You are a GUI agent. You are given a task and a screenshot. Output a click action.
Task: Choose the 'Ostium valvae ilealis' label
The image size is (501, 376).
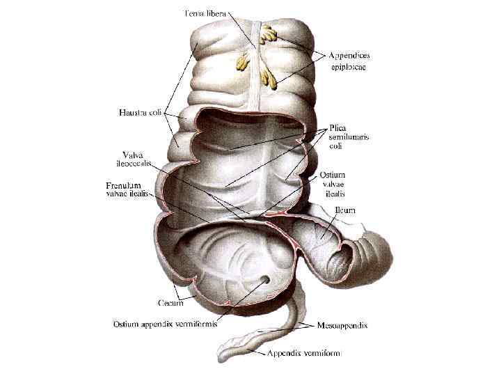click(344, 184)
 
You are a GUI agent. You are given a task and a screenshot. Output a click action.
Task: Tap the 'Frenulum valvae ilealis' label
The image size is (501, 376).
click(127, 190)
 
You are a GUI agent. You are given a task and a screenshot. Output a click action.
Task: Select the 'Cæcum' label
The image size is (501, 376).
click(171, 302)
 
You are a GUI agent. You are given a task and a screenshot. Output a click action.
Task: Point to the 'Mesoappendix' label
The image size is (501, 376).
click(343, 325)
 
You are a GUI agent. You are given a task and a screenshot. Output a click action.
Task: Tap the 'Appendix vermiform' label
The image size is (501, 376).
click(304, 353)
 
